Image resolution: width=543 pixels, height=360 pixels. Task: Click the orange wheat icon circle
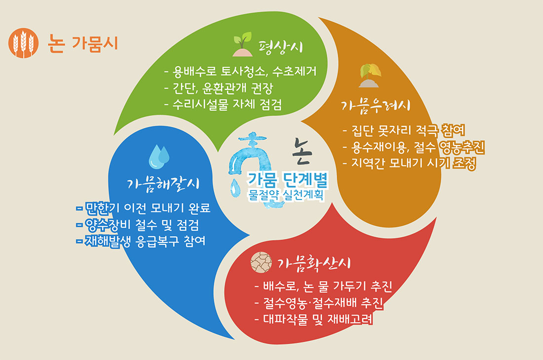coord(23,43)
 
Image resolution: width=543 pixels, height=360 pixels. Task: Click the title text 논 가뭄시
coord(83,43)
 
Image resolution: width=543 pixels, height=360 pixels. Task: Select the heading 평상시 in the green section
coord(281,47)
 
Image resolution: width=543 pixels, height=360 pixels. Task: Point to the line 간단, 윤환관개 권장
coord(219,88)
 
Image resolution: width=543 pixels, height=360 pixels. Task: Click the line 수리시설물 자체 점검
coord(223,104)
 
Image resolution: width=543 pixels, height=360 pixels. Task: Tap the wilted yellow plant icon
coord(370,76)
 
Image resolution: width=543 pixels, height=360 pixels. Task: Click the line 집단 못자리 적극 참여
coord(404,130)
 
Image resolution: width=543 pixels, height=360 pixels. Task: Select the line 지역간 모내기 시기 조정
coord(409,163)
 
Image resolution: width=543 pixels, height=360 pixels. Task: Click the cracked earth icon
coord(261,262)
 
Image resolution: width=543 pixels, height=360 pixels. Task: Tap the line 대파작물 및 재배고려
coord(314,319)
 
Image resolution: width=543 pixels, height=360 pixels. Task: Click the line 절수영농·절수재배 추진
coord(319,303)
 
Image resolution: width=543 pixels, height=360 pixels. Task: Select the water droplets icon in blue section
coord(159,157)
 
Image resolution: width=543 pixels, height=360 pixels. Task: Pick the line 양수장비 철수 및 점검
coord(138,225)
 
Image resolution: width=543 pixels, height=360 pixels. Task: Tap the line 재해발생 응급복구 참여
coord(141,241)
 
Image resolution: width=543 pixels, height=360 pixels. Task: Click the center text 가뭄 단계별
coord(287,179)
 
